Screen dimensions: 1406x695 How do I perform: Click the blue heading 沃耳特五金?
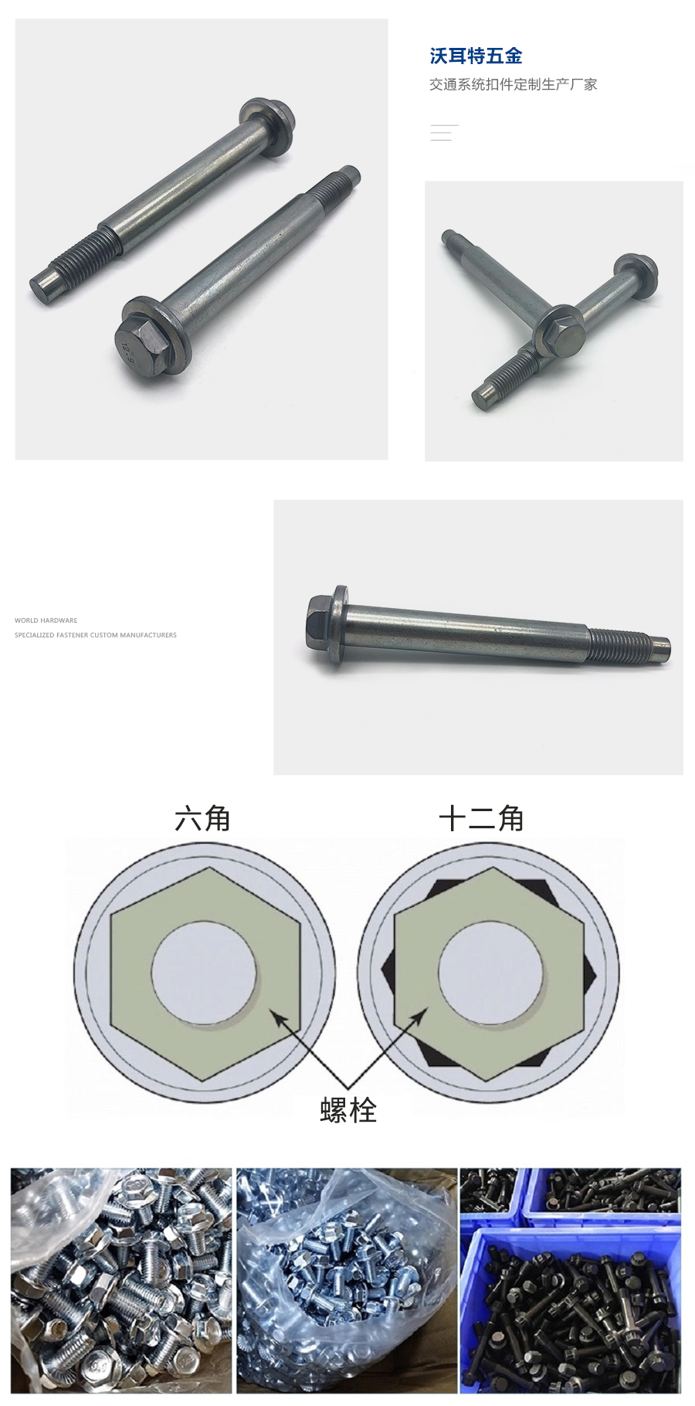coord(476,56)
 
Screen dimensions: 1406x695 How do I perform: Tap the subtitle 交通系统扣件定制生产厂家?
coord(513,84)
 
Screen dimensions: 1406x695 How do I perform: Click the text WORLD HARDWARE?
coord(46,620)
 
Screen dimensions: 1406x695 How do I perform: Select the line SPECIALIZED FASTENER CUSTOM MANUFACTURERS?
coord(95,635)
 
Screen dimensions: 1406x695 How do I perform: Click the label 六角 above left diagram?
coord(202,819)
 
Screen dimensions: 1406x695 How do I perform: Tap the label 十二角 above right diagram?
coord(481,819)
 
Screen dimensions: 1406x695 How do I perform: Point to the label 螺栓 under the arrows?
coord(348,1110)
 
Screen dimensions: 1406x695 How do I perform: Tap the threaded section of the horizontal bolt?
coord(618,645)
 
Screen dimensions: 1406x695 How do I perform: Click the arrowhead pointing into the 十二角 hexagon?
coord(419,1016)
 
